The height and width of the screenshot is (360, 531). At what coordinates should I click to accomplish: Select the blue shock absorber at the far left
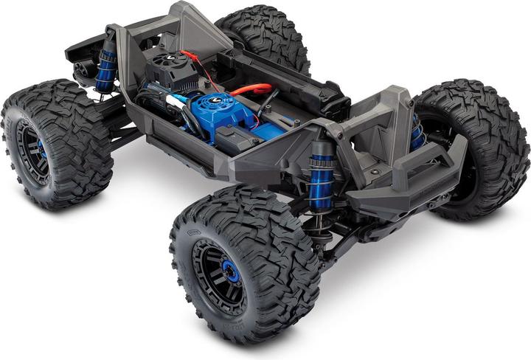pyautogui.click(x=105, y=70)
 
